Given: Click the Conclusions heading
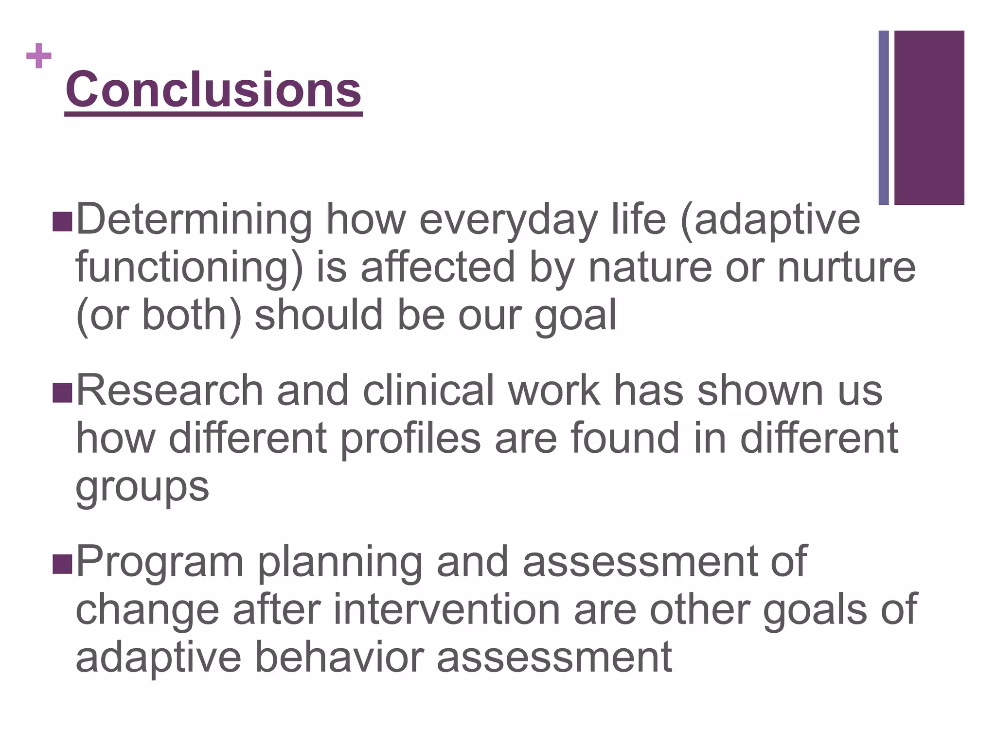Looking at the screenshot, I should pyautogui.click(x=213, y=90).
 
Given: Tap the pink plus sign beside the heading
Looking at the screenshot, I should pyautogui.click(x=39, y=56).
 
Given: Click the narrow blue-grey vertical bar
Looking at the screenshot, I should pyautogui.click(x=884, y=118).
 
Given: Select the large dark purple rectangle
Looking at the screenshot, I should pyautogui.click(x=929, y=118).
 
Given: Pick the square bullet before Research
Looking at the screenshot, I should pyautogui.click(x=62, y=392).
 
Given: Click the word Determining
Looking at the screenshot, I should pyautogui.click(x=194, y=220).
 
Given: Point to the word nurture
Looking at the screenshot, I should pyautogui.click(x=846, y=267).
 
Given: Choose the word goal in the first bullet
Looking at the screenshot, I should pyautogui.click(x=576, y=316).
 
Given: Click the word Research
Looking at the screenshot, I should pyautogui.click(x=170, y=391).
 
